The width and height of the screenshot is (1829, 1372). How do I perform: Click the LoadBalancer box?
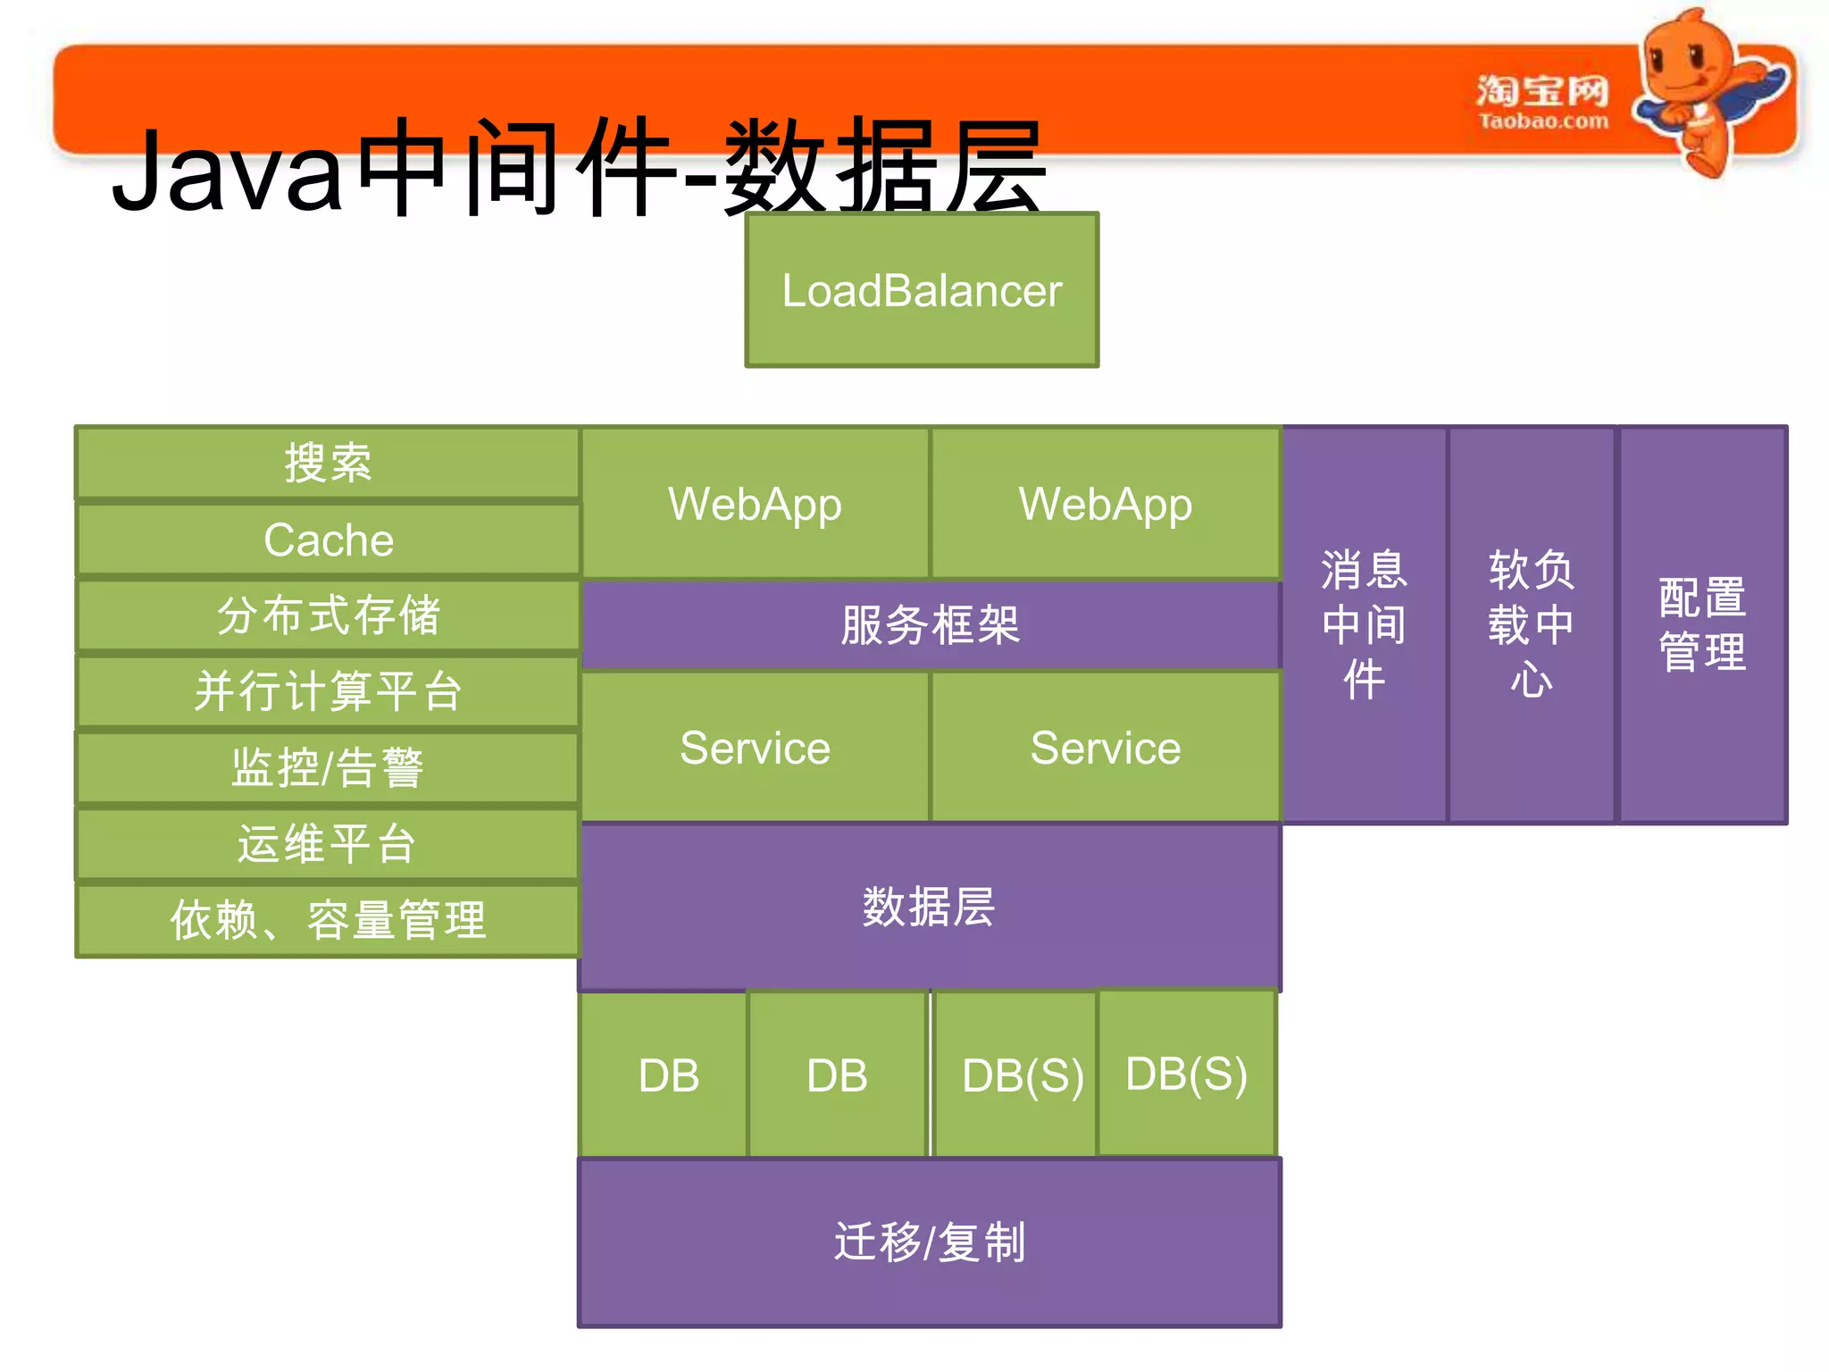click(922, 290)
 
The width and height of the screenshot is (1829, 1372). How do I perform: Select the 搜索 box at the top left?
click(328, 463)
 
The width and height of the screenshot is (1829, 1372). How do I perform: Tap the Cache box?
click(328, 540)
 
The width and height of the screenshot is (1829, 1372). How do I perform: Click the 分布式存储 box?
click(328, 615)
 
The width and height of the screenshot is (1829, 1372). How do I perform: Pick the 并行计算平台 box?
click(328, 692)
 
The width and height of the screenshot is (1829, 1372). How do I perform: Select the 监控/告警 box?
click(328, 768)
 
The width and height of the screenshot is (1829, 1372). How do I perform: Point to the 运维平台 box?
click(328, 844)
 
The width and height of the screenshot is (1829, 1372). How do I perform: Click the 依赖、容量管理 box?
click(328, 920)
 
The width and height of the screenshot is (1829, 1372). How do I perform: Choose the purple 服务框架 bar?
click(930, 624)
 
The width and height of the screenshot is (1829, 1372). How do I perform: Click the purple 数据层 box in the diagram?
click(930, 907)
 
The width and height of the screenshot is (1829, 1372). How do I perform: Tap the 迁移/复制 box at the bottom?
click(930, 1242)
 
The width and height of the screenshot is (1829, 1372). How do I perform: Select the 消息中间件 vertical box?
click(1364, 624)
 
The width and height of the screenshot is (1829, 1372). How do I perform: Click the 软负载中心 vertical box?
click(1531, 624)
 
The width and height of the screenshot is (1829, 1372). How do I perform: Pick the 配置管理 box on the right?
click(1702, 624)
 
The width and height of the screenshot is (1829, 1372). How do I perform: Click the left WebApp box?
click(755, 504)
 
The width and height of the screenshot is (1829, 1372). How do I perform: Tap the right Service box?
click(1106, 748)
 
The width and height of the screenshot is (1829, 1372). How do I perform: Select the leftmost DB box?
click(668, 1075)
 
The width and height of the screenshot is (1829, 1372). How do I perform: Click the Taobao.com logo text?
click(1543, 121)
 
